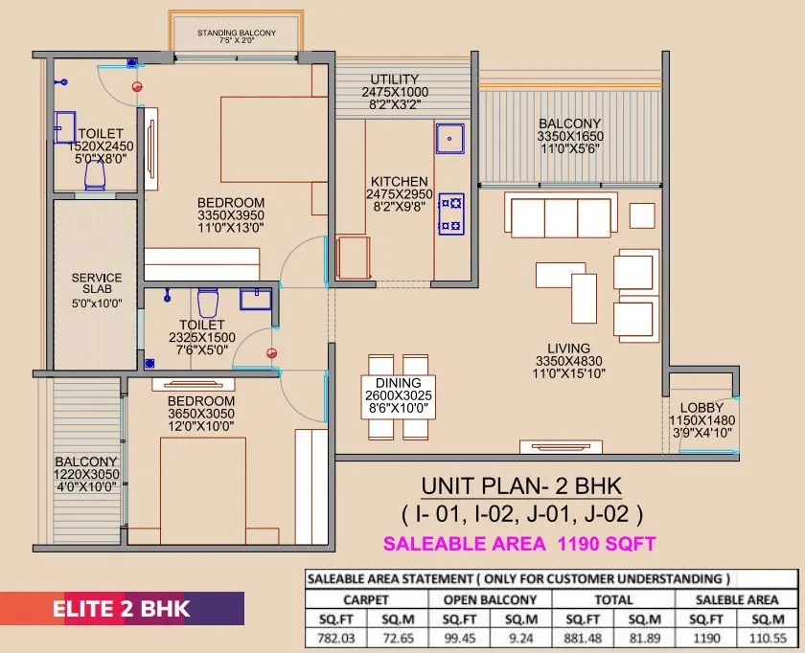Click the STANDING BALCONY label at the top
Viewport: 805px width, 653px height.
[237, 34]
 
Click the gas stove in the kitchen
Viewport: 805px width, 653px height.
[450, 214]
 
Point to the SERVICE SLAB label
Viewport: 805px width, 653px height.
[97, 284]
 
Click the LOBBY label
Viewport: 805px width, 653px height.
[701, 408]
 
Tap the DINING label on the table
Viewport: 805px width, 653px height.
[398, 383]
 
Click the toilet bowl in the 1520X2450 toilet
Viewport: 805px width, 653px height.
[95, 174]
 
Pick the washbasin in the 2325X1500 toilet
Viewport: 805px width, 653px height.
[254, 299]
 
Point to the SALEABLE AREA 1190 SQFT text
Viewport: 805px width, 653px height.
[519, 544]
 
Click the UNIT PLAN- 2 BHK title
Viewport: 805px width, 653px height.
[521, 485]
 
